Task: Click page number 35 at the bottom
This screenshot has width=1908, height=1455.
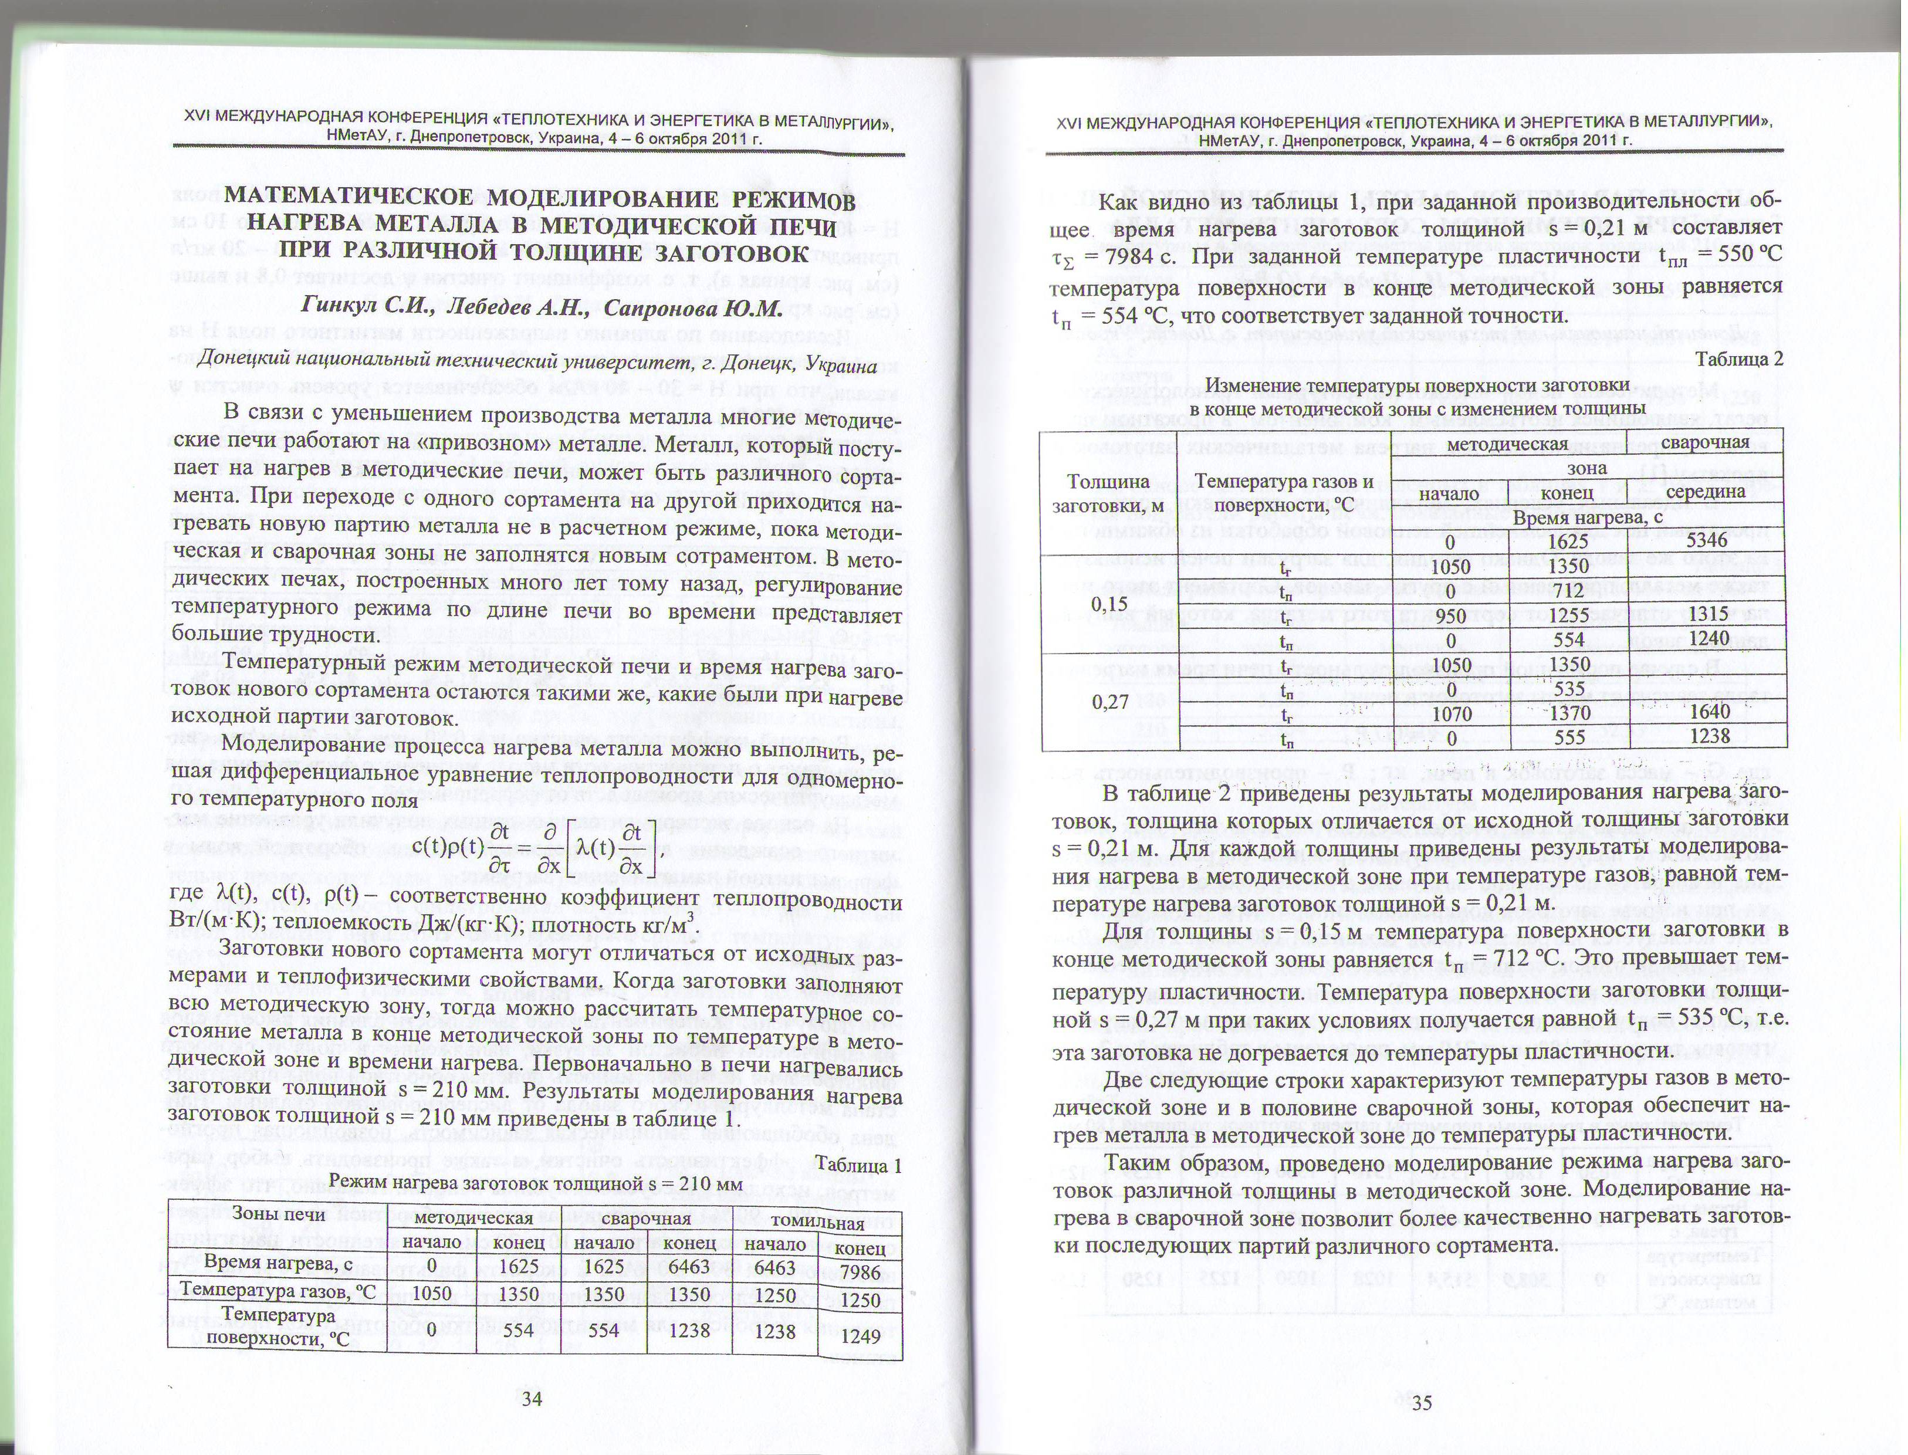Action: coord(1422,1403)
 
